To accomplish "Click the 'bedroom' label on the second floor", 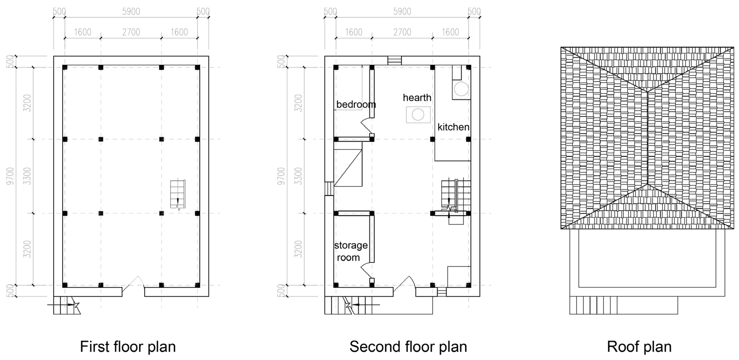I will coord(356,105).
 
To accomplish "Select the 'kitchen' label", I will coord(453,127).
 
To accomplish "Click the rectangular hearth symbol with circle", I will coord(418,115).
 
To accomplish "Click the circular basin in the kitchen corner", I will coord(461,89).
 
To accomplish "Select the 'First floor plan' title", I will coord(128,347).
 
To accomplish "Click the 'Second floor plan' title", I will coord(408,347).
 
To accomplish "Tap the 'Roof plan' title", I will coord(639,347).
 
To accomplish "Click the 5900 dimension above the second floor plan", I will coord(402,12).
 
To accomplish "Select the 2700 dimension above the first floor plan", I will coord(131,32).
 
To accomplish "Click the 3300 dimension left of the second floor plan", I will coord(298,176).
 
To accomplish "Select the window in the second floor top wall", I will coord(394,61).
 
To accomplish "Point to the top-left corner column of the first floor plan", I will coord(65,67).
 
